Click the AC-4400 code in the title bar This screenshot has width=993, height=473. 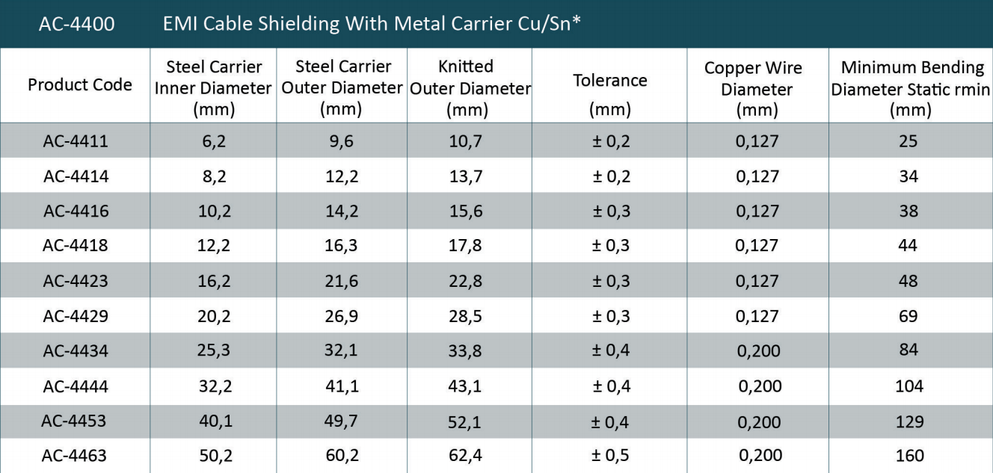[76, 25]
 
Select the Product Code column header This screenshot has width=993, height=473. [80, 85]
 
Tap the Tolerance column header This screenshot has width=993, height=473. [610, 80]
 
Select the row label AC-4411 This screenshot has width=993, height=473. [76, 141]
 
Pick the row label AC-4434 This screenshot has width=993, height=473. [76, 350]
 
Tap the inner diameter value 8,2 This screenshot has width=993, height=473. [212, 176]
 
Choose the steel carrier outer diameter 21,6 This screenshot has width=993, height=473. [342, 281]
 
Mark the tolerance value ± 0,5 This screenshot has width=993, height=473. [611, 455]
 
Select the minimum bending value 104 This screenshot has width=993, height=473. [909, 386]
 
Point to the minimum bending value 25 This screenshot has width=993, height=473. [909, 141]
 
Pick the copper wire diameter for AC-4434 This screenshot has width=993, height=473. [757, 350]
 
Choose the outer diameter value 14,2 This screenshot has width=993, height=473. [342, 211]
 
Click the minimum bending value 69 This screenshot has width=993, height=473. [909, 316]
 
